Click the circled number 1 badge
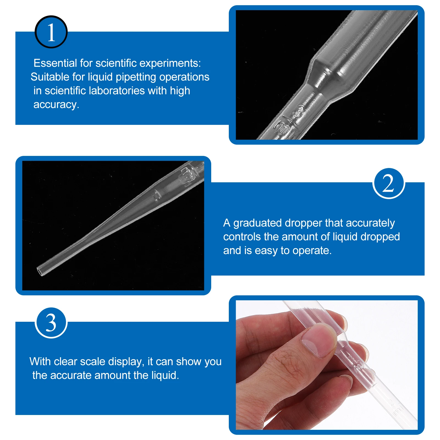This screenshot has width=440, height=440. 51,32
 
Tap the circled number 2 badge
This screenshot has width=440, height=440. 389,183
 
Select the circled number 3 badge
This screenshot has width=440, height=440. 51,323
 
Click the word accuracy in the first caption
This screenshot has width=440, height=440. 55,105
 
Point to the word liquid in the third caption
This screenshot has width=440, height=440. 164,375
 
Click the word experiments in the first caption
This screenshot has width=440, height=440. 170,64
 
